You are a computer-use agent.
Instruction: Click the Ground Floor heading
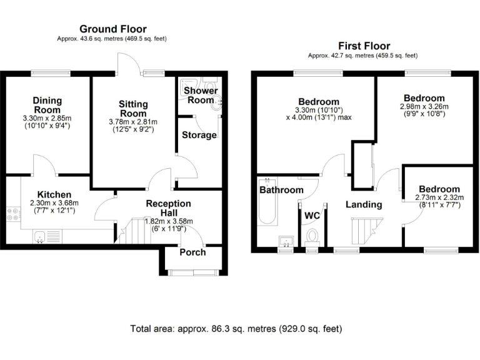coord(112,29)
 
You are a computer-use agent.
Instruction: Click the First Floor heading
coord(364,46)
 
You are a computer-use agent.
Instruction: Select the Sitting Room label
coord(133,109)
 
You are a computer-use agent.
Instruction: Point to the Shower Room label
coord(201,95)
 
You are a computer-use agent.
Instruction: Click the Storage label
coord(199,135)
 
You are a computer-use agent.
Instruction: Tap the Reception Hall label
coord(169,208)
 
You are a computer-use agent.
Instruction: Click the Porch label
coord(192,252)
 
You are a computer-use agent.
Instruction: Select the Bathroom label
coord(281,190)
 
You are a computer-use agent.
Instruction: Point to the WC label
coord(312,216)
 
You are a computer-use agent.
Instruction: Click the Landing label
coord(364,204)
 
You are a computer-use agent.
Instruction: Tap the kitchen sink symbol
coord(39,236)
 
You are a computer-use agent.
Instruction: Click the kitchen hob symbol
coord(12,216)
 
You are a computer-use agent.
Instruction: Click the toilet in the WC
coord(312,237)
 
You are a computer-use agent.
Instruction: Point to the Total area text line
coord(236,328)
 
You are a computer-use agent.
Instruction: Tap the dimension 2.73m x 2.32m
coord(438,197)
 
